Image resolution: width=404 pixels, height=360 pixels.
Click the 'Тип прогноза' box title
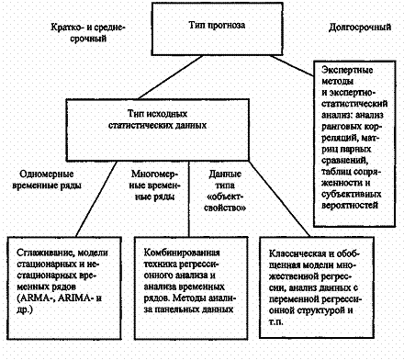tap(217, 25)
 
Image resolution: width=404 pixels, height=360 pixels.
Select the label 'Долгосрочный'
tap(360, 28)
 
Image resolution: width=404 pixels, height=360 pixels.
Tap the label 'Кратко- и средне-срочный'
tap(88, 33)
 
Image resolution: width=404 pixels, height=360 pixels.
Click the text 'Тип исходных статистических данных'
tap(158, 119)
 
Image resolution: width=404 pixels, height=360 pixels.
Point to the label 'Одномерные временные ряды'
tap(47, 180)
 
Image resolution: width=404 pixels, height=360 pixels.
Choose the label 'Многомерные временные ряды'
tap(155, 186)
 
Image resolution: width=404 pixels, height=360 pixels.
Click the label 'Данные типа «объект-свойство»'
tap(225, 191)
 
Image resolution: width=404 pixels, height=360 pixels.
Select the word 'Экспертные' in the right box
tap(347, 70)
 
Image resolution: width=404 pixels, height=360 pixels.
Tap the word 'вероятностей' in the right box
tap(350, 205)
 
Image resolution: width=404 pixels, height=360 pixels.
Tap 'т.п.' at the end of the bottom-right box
tap(276, 322)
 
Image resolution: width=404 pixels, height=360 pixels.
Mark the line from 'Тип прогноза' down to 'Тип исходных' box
tap(171, 77)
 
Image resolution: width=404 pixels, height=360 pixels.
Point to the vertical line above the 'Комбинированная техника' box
tap(189, 198)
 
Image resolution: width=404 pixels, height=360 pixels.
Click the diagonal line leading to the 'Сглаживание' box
tap(96, 199)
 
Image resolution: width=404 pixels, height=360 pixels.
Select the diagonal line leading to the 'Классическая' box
tap(279, 199)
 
